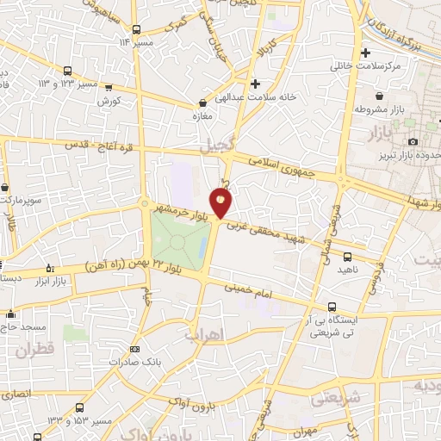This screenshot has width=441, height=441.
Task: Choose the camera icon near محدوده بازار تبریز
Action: (x=413, y=141)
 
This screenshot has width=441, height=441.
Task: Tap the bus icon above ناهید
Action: (x=347, y=257)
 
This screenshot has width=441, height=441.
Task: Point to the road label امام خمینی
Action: (x=249, y=293)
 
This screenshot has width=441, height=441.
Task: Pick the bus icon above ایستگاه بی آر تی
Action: (x=332, y=307)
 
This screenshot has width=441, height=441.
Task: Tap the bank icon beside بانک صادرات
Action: (x=134, y=349)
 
